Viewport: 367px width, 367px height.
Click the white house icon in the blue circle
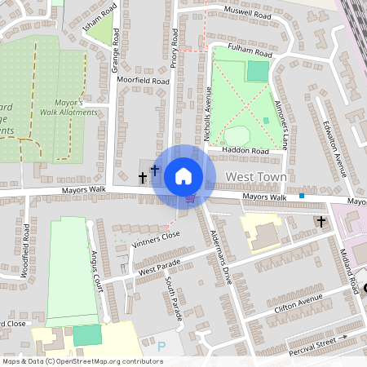pos(183,175)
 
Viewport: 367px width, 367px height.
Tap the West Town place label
pos(255,177)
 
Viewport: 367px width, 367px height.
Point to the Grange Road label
pos(116,51)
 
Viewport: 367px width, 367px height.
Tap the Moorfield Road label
pos(143,82)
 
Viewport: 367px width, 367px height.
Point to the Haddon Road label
pos(249,151)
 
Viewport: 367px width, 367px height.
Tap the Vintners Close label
pos(155,236)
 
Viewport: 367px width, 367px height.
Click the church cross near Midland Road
pos(321,222)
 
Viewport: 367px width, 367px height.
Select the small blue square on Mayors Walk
pos(302,196)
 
